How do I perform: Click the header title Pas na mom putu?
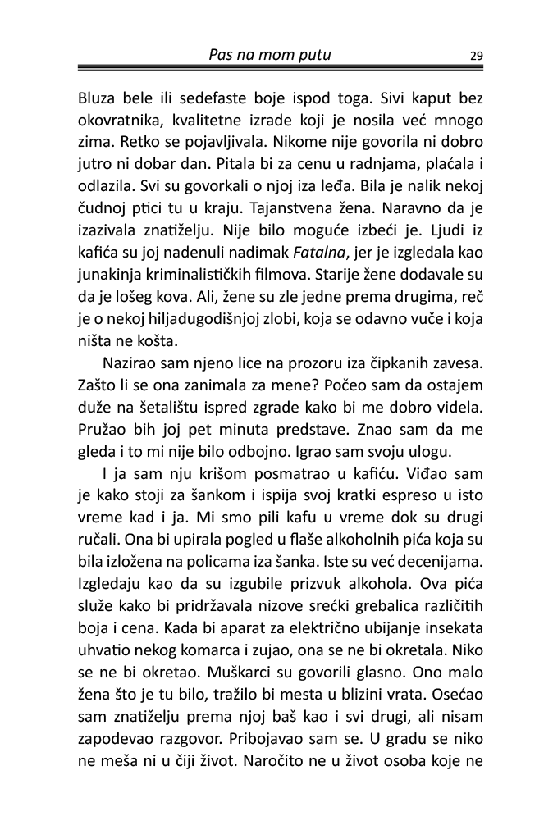pos(276,55)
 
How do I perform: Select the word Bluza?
pos(98,98)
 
